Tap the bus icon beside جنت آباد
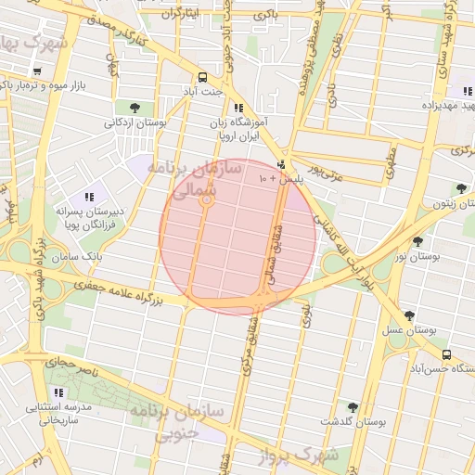(x=202, y=77)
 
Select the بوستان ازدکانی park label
(x=135, y=122)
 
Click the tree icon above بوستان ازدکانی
(x=135, y=107)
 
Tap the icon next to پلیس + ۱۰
(x=281, y=163)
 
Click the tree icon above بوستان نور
(x=417, y=241)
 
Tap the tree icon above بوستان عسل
(x=409, y=316)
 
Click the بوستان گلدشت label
(x=353, y=421)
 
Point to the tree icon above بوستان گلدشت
(x=353, y=407)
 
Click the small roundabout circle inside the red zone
(x=208, y=199)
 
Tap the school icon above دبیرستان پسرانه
(x=89, y=197)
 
